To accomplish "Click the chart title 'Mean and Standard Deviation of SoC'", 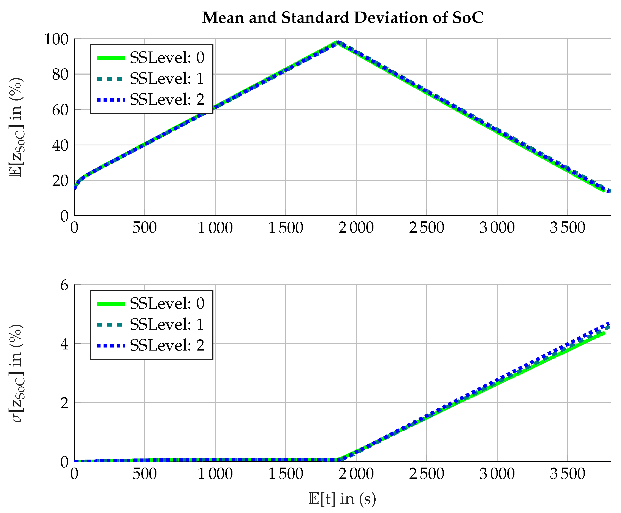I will [x=342, y=17].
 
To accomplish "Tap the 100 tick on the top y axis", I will [x=56, y=39].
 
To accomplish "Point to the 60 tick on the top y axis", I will [x=60, y=110].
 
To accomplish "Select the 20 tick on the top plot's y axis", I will [x=60, y=181].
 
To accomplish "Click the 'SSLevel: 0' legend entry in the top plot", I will [x=151, y=57].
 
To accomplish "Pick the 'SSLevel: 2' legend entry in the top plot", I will [x=151, y=99].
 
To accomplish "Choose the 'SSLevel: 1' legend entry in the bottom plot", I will [x=151, y=324].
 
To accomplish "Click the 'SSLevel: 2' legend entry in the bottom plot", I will [x=151, y=345].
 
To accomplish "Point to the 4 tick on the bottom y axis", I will [x=64, y=344].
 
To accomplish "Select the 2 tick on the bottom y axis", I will [x=64, y=403].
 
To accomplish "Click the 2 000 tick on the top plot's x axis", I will [x=356, y=228].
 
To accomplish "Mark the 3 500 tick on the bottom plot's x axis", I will [x=567, y=474].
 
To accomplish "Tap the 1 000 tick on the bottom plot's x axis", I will [x=215, y=474].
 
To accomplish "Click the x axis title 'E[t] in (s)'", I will [x=342, y=499].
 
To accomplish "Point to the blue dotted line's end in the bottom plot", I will [x=609, y=323].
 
